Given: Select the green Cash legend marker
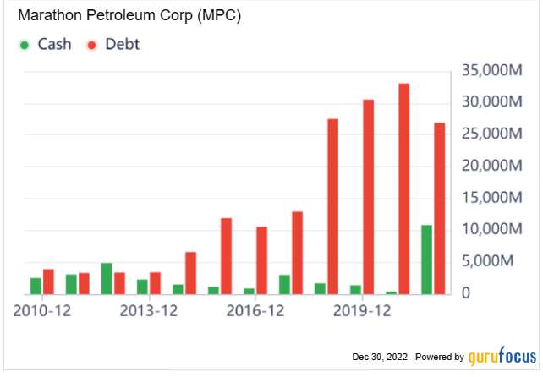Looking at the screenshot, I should click(x=25, y=45).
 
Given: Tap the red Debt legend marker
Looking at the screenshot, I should click(x=90, y=45).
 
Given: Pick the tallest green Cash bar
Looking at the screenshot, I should click(x=427, y=260).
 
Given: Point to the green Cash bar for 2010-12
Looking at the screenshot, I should click(x=36, y=286).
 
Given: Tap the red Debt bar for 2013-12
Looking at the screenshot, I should click(x=156, y=283).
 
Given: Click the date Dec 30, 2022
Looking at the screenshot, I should click(x=380, y=357).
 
